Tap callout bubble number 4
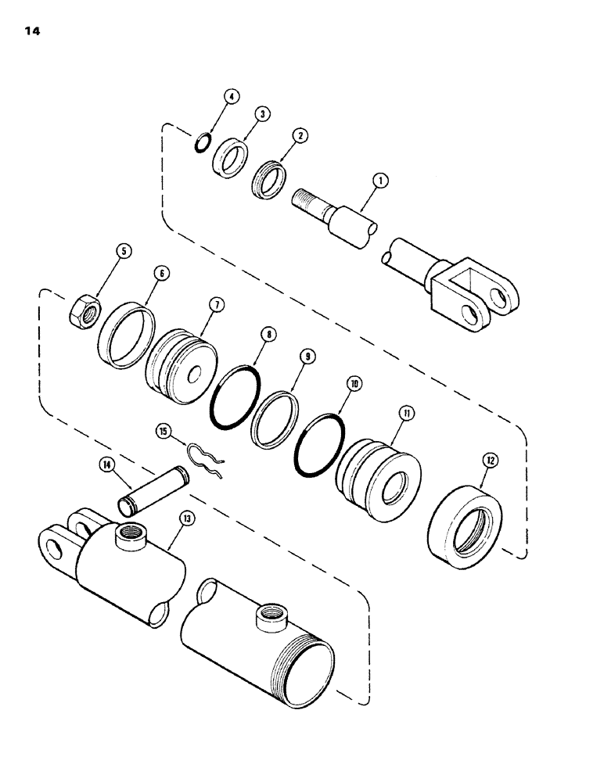pos(231,97)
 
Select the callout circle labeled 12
pos(491,461)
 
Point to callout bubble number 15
pos(164,430)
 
